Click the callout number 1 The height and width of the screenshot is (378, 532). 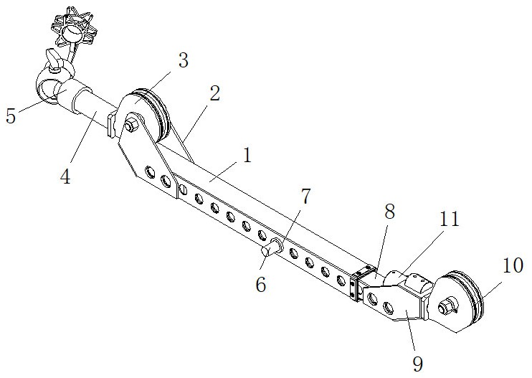(x=247, y=156)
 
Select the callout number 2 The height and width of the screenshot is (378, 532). (x=214, y=93)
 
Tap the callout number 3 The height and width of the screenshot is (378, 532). (x=184, y=60)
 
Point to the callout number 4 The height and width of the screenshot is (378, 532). (x=65, y=176)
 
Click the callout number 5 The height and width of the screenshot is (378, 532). (x=11, y=115)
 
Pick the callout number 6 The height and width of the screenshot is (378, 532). (x=260, y=284)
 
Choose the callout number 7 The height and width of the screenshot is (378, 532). (x=305, y=197)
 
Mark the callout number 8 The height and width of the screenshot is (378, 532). (x=390, y=212)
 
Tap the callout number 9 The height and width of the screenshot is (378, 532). (x=418, y=364)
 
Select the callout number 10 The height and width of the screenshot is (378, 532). (x=513, y=265)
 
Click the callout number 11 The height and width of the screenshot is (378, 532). (x=450, y=219)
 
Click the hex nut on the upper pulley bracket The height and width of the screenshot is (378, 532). (x=130, y=124)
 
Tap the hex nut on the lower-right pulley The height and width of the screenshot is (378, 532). (x=445, y=307)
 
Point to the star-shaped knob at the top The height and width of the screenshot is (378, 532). (x=74, y=26)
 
